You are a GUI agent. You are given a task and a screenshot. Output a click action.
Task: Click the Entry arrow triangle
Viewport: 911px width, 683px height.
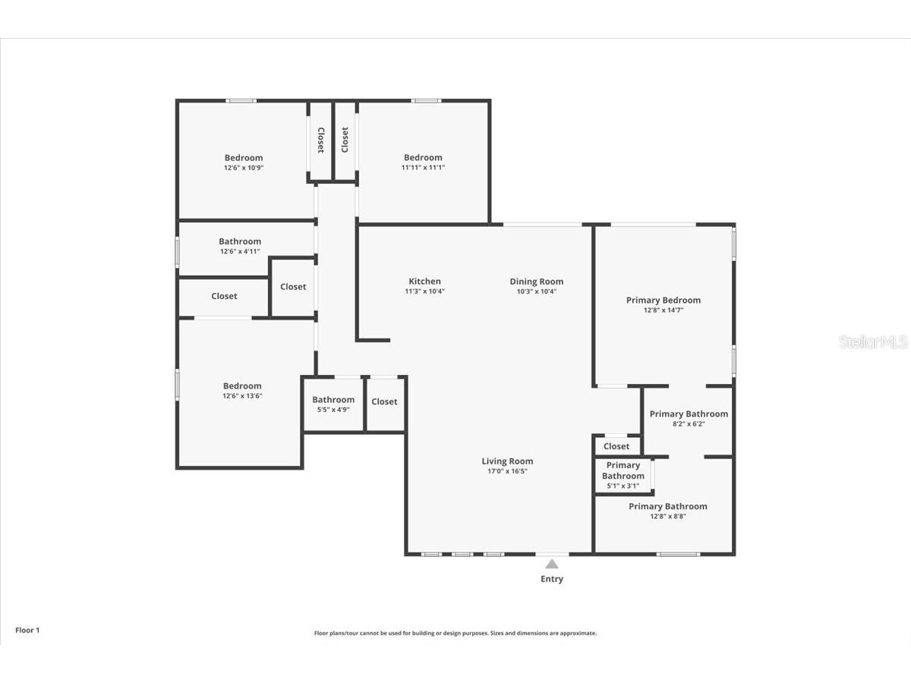coord(552,564)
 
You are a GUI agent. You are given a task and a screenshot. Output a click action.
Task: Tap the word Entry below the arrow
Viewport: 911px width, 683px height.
coord(552,579)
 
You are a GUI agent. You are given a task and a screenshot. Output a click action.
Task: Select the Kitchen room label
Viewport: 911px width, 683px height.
coord(424,281)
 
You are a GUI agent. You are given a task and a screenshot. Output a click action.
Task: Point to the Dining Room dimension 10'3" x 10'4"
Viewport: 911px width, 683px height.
coord(537,291)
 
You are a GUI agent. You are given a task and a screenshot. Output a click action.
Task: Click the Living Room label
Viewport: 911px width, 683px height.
coord(507,461)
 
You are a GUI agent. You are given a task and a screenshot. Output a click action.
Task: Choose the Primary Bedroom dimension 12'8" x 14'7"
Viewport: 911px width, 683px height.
coord(664,310)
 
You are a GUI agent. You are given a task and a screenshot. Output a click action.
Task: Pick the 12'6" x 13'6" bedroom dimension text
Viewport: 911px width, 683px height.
coord(242,395)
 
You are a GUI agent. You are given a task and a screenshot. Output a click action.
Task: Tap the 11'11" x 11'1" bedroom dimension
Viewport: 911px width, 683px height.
coord(423,168)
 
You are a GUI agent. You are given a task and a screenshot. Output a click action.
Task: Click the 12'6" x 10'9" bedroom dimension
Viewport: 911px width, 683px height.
coord(244,168)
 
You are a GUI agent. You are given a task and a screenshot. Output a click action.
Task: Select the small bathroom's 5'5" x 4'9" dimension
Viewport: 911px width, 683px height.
coord(333,410)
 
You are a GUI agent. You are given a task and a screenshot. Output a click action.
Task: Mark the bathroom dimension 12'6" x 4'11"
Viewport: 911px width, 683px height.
coord(240,251)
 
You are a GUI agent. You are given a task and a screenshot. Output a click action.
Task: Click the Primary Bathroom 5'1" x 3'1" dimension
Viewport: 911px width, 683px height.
coord(623,486)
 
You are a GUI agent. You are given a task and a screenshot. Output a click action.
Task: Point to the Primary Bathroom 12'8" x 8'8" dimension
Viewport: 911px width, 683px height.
coord(668,516)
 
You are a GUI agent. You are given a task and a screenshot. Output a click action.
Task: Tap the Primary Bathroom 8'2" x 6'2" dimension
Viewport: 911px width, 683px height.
coord(689,423)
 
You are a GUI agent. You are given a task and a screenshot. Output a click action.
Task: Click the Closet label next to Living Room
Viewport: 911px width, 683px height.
coord(616,446)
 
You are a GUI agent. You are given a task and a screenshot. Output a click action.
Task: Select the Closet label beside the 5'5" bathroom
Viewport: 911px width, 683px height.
coord(384,401)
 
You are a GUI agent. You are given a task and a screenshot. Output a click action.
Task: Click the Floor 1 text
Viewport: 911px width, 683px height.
coord(27,631)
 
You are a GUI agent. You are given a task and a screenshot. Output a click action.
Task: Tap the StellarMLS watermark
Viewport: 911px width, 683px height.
coord(873,341)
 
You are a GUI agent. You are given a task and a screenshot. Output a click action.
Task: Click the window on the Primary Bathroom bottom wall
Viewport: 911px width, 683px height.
coord(678,554)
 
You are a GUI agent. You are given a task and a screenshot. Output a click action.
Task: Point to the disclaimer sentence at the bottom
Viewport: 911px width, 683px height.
coord(455,633)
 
